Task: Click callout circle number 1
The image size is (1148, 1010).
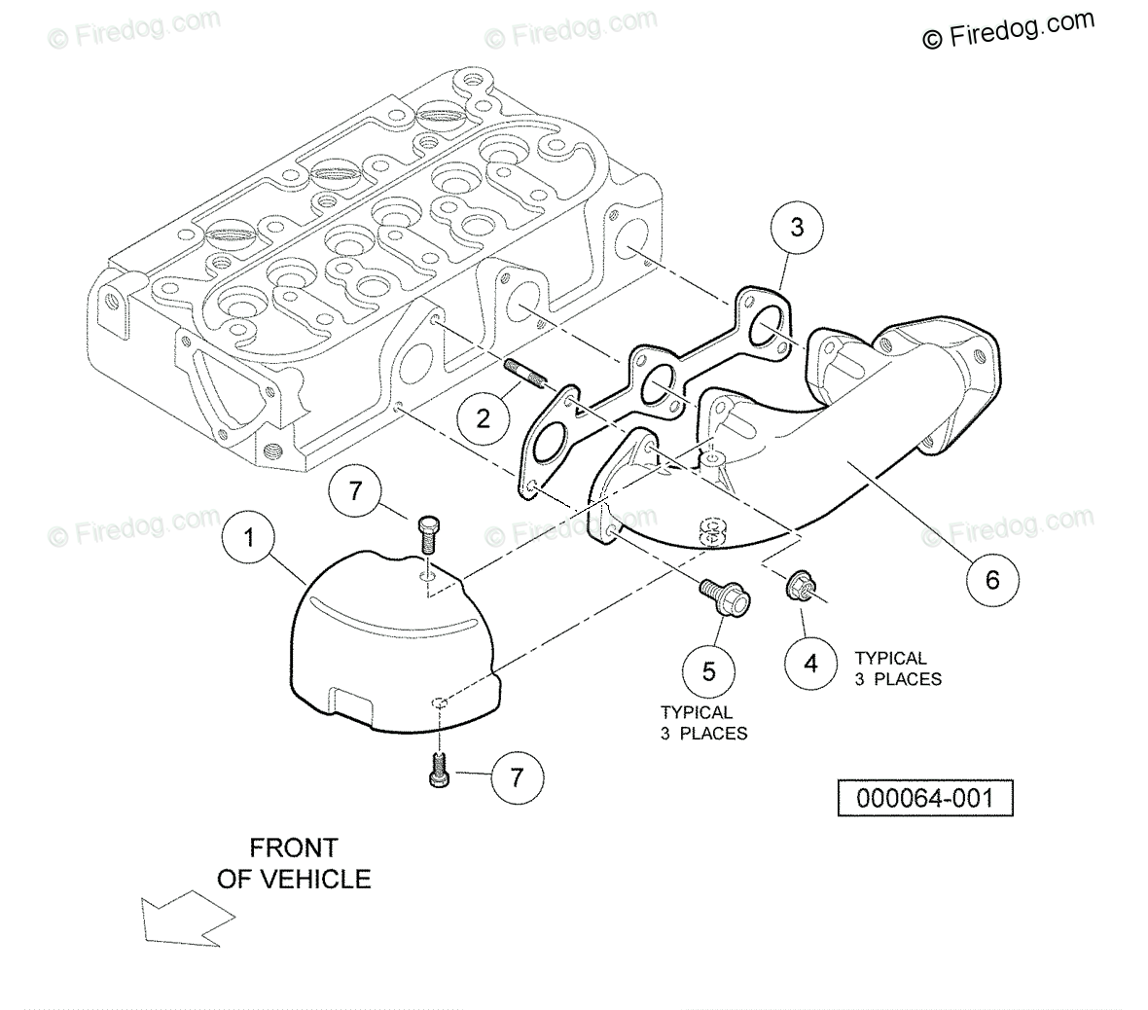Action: [x=250, y=537]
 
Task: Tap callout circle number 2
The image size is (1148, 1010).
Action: [x=483, y=419]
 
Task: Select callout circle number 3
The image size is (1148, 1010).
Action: [x=797, y=229]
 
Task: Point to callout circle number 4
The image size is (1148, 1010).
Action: [x=810, y=664]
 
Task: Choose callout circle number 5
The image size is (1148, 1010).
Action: [x=708, y=671]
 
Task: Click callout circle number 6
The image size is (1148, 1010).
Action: [x=992, y=580]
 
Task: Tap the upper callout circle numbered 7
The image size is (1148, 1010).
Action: [x=355, y=492]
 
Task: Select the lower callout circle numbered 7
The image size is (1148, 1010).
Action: [x=517, y=777]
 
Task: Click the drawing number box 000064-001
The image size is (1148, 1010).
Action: [x=925, y=799]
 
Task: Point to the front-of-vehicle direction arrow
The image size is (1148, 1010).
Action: [x=185, y=920]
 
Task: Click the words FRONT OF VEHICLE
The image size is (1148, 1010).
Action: [x=293, y=863]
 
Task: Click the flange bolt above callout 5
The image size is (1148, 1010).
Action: [x=724, y=596]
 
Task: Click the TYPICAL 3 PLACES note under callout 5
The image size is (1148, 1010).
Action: [x=703, y=723]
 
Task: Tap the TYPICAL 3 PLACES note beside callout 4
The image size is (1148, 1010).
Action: [x=897, y=669]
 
